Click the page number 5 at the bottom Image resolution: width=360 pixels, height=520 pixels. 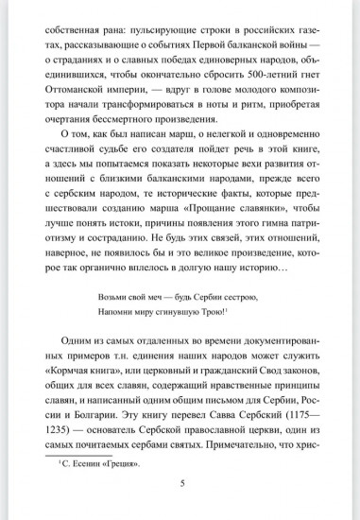point(180,508)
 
